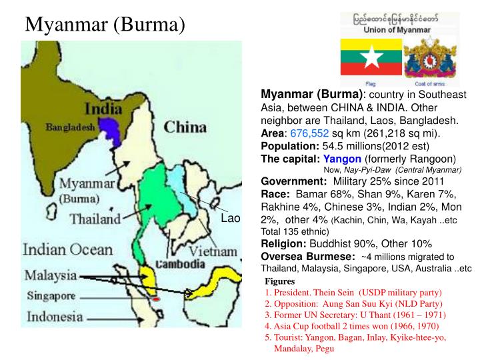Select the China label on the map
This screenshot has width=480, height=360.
coord(180,127)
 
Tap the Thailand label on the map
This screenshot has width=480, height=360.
coord(96,219)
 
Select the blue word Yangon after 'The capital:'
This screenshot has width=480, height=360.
coord(342,159)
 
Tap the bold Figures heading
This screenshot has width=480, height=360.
coord(279,281)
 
